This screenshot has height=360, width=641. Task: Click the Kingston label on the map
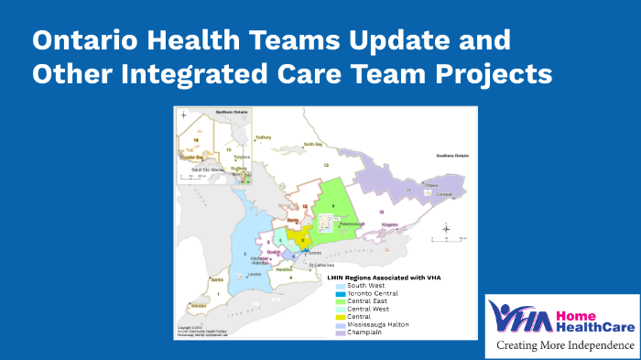click(390, 224)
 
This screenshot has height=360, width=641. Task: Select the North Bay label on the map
click(313, 145)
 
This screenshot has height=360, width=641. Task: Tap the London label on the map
click(255, 274)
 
